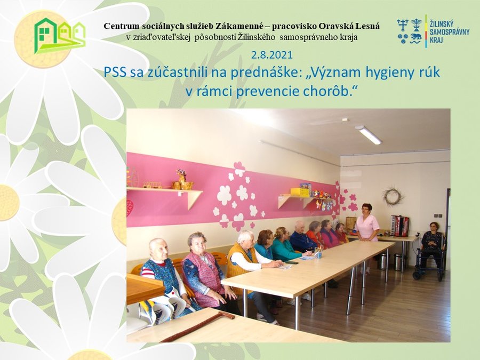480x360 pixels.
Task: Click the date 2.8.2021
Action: click(272, 55)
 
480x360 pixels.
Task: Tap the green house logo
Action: click(60, 36)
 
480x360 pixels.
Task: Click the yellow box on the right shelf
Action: click(297, 191)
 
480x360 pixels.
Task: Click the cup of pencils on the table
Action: click(318, 253)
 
